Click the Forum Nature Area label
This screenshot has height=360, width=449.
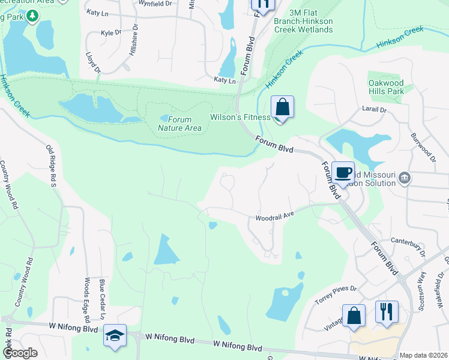179,123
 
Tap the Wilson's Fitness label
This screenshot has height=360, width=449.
240,117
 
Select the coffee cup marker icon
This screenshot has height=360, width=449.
343,173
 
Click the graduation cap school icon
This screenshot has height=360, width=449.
115,337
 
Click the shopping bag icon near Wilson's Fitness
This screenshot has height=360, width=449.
282,108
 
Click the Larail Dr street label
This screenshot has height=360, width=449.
374,110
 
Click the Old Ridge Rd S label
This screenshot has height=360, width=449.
51,165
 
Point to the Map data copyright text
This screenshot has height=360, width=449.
424,355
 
